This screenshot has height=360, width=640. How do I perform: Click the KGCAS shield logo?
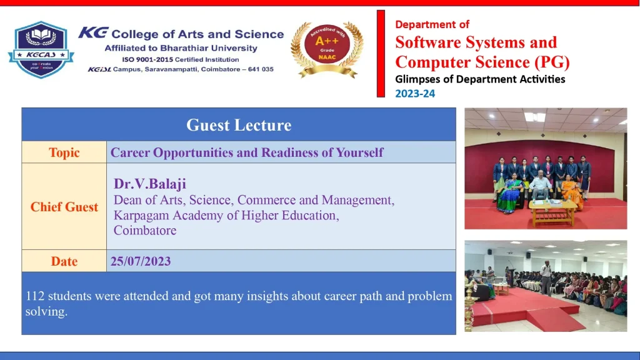[x=41, y=49]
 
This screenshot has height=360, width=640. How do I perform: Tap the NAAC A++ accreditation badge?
[x=327, y=49]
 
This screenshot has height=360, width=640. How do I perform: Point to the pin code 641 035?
[x=261, y=69]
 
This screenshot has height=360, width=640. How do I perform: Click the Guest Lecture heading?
[x=239, y=125]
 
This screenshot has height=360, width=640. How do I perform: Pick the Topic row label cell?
[x=64, y=152]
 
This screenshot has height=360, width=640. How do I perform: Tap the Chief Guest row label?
[x=64, y=207]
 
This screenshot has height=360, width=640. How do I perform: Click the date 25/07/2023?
[x=141, y=261]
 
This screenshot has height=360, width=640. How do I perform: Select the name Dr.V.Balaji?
[x=150, y=184]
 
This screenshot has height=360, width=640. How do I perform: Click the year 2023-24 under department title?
[x=415, y=94]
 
